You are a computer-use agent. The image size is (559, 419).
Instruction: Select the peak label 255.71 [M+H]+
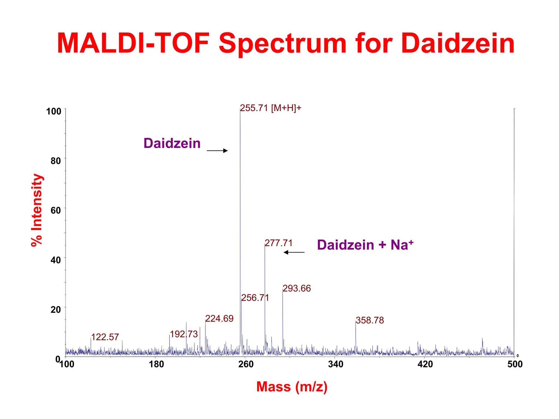tap(270, 108)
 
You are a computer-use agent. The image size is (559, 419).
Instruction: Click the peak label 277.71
tap(278, 243)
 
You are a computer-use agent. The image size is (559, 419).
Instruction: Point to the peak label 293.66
tap(296, 288)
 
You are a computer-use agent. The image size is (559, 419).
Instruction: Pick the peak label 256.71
tap(255, 298)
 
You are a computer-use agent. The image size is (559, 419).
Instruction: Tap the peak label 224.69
tap(219, 318)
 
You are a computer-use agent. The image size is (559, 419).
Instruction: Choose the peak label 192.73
tap(184, 334)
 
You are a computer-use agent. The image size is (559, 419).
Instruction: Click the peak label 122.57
tap(105, 337)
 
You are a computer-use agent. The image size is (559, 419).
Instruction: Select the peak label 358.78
tap(370, 320)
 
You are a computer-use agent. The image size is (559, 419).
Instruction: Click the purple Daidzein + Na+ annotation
tap(365, 245)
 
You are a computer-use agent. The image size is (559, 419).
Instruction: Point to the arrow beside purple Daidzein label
tap(217, 151)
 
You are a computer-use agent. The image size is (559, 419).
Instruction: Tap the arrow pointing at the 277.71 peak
tap(294, 252)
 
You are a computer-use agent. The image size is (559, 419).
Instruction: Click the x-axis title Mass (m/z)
tap(292, 387)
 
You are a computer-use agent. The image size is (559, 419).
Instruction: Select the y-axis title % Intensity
tap(37, 210)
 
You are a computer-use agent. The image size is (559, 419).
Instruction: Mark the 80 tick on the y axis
tap(56, 161)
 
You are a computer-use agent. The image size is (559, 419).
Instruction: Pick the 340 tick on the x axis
tap(335, 364)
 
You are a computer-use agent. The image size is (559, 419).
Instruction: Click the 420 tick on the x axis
tap(425, 364)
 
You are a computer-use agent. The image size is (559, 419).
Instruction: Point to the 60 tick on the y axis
tap(56, 210)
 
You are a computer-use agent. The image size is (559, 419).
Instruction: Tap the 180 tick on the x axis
tap(156, 364)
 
